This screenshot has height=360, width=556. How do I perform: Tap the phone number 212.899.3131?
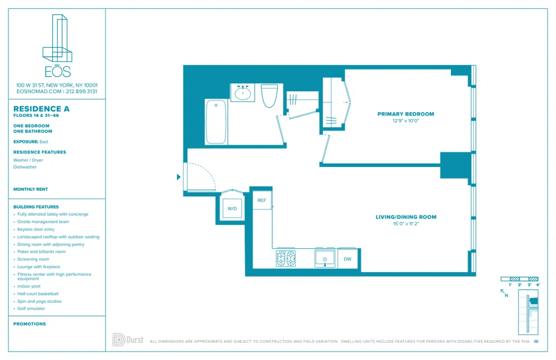click(x=81, y=91)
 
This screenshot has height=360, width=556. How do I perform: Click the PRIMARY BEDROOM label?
click(x=405, y=114)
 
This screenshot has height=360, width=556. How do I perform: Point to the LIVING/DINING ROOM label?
click(x=406, y=217)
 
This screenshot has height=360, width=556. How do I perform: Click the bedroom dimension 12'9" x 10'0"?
click(x=405, y=121)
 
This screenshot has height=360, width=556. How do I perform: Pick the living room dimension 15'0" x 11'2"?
click(x=406, y=224)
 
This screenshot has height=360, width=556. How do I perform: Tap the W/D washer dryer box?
click(x=232, y=209)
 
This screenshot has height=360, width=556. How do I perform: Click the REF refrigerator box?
click(x=261, y=200)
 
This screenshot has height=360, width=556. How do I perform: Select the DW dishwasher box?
click(x=348, y=259)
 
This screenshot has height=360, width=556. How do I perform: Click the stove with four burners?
click(x=286, y=259)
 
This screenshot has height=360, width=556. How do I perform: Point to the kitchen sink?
click(x=325, y=259)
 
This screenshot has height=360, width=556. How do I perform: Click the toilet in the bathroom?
click(x=269, y=95)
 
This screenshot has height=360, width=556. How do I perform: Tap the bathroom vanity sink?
click(x=242, y=93)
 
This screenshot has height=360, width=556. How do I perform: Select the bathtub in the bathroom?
click(x=216, y=122)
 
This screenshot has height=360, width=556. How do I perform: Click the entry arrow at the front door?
click(x=178, y=177)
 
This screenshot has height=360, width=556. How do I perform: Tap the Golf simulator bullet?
click(x=33, y=308)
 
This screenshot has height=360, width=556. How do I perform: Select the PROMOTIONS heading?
click(x=29, y=324)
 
